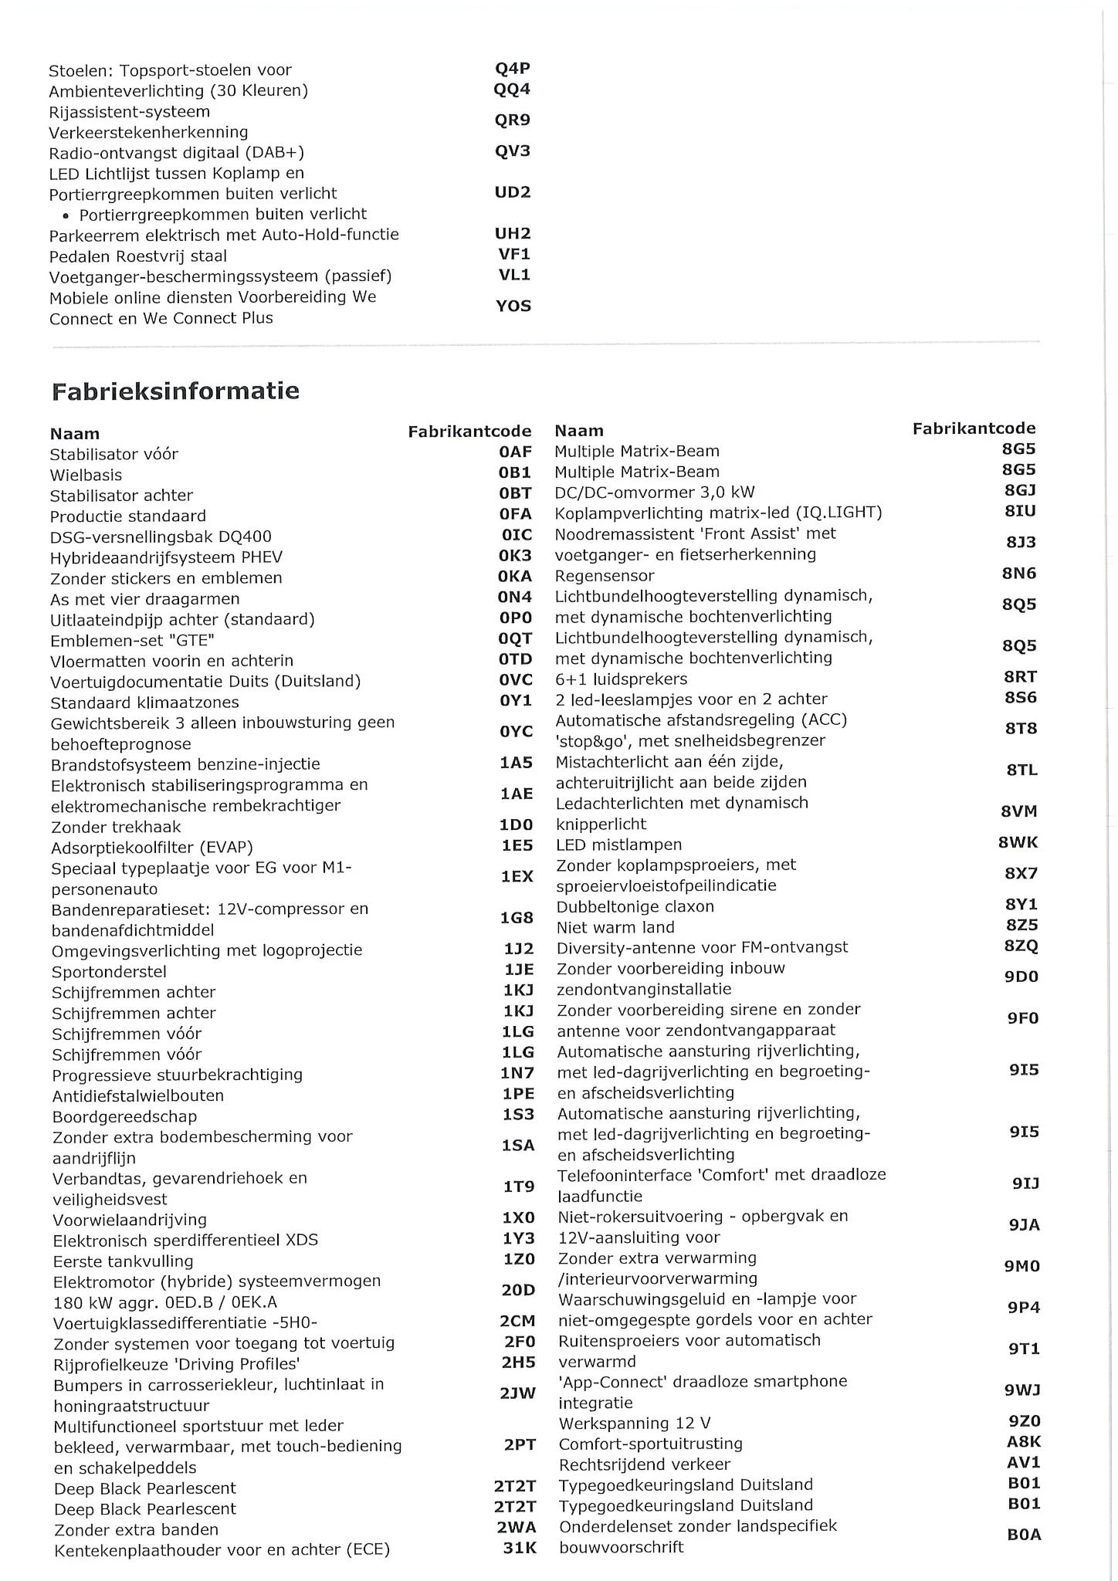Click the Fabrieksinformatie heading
175,391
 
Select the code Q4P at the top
512,69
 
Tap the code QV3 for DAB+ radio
513,151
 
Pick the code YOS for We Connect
513,306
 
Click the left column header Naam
75,434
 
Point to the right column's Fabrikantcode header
974,428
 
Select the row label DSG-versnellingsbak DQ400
161,537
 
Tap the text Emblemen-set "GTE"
132,640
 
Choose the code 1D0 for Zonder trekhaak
517,825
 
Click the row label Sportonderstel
109,972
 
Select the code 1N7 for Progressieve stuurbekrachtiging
517,1073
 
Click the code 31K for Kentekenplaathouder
520,1548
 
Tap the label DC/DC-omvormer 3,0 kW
655,493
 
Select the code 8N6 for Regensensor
1019,574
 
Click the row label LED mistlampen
619,845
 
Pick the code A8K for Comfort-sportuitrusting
1024,1442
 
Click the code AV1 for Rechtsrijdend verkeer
1024,1463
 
